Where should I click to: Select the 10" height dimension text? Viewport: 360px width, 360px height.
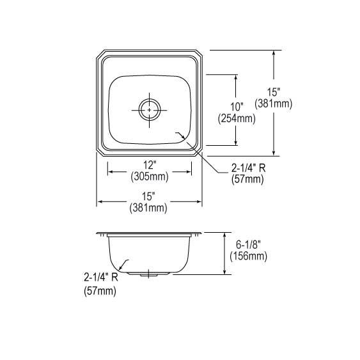(x=237, y=107)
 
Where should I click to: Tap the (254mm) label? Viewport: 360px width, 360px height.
(x=237, y=119)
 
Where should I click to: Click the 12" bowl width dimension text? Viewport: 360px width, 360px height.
(x=150, y=165)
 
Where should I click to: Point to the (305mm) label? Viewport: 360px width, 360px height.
(x=150, y=176)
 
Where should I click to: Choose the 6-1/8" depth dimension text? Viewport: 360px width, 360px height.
(x=249, y=245)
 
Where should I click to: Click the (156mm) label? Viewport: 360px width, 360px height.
(x=249, y=256)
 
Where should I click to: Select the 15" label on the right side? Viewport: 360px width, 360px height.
(x=274, y=92)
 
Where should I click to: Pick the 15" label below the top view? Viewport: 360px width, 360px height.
(x=148, y=196)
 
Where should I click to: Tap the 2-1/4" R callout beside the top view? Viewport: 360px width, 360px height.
(x=248, y=168)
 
